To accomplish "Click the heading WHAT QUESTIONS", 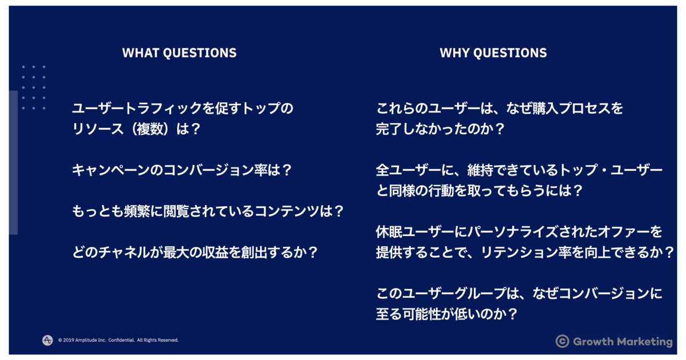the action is point(179,53).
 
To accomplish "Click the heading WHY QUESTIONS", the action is point(493,53).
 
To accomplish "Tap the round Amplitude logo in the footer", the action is point(47,340).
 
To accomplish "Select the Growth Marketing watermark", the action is point(614,341).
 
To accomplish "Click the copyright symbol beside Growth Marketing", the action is point(563,341).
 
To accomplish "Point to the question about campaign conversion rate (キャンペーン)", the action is point(182,170).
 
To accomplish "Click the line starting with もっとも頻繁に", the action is point(208,211).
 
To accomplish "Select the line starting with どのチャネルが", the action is point(195,252).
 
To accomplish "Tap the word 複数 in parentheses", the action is point(149,129).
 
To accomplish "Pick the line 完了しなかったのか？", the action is point(440,129).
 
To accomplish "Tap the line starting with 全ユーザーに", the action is point(519,170).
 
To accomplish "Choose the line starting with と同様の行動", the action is point(479,191).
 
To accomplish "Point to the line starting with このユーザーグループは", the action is point(519,293).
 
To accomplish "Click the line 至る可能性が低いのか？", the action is point(446,314).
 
